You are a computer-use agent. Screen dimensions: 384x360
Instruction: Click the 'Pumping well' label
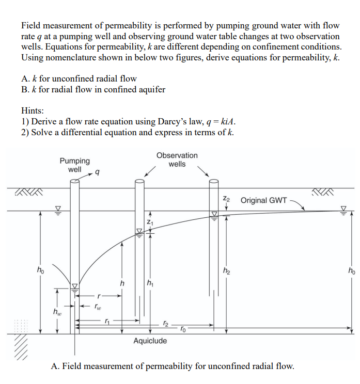[74, 165]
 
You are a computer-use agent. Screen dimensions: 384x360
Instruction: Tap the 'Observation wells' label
[177, 159]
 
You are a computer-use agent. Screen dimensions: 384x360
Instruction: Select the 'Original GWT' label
[263, 200]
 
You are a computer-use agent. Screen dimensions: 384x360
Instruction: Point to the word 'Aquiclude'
[150, 341]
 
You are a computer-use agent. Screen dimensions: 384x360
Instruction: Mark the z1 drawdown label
[150, 221]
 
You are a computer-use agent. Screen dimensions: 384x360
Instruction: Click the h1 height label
[150, 282]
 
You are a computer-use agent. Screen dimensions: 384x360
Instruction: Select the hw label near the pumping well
[56, 311]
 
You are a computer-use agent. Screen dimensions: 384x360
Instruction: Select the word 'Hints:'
[32, 110]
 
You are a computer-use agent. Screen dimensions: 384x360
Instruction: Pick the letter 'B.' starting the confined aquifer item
[25, 89]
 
